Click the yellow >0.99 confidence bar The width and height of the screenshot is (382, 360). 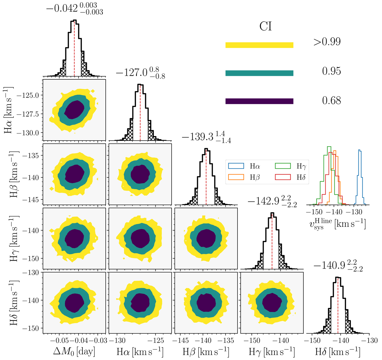pyautogui.click(x=259, y=45)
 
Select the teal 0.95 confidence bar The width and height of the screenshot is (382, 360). pyautogui.click(x=259, y=73)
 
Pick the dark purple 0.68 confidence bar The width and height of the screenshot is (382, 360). pyautogui.click(x=259, y=101)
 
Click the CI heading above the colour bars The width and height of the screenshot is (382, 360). pyautogui.click(x=265, y=26)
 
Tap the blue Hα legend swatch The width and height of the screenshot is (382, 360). pyautogui.click(x=236, y=166)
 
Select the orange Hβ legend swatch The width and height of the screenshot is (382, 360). pyautogui.click(x=236, y=177)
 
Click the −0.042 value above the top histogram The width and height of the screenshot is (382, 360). pyautogui.click(x=62, y=9)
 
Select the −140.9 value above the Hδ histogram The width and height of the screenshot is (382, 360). pyautogui.click(x=329, y=265)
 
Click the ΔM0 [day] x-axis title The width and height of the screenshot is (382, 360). pyautogui.click(x=74, y=351)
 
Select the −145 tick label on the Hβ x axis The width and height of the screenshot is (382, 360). pyautogui.click(x=180, y=341)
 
